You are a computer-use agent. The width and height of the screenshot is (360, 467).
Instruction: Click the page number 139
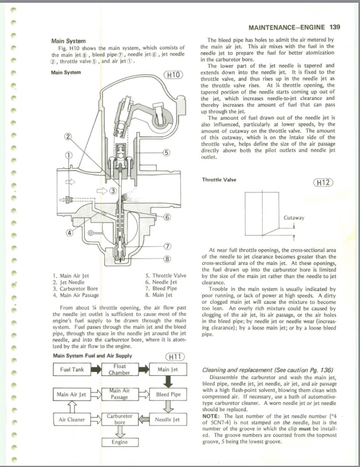(334, 27)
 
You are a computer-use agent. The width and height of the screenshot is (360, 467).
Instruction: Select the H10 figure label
(173, 75)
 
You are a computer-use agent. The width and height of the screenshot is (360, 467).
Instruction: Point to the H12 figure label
(323, 183)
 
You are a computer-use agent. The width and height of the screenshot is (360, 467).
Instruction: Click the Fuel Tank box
(72, 369)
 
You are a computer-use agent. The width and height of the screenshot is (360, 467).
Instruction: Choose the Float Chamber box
(119, 369)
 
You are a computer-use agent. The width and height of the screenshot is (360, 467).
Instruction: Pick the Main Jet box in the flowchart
(168, 369)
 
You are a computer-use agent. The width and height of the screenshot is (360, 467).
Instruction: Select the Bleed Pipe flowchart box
(168, 394)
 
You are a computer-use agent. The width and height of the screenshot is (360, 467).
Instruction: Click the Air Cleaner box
(72, 420)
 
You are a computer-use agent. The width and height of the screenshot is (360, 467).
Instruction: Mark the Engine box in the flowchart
(120, 442)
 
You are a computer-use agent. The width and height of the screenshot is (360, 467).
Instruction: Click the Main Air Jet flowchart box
(72, 394)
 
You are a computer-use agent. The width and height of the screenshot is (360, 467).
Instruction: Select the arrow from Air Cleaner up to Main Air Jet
(72, 407)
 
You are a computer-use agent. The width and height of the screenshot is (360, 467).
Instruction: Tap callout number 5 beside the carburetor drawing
(166, 153)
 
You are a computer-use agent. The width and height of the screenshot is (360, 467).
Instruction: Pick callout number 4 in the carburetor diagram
(70, 233)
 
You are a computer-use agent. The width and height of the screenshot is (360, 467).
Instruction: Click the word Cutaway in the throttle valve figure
(294, 218)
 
